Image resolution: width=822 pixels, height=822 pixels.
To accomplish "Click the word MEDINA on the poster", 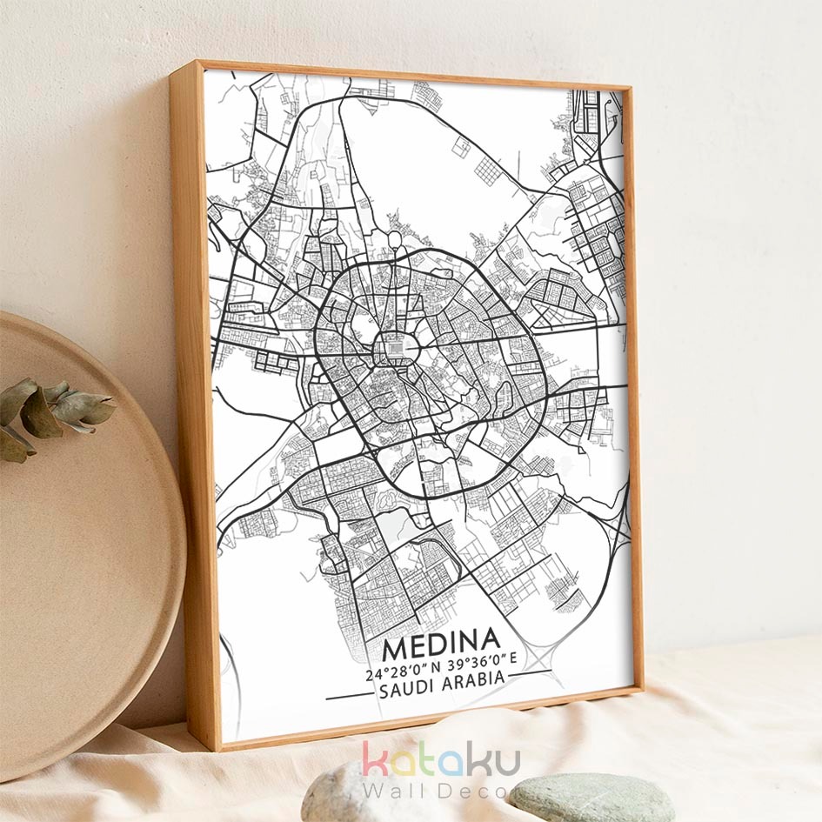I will pyautogui.click(x=440, y=649).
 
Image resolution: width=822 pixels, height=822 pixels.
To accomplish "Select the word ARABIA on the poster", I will pyautogui.click(x=476, y=679).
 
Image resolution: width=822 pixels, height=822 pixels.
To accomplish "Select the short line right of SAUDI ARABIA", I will pyautogui.click(x=525, y=673).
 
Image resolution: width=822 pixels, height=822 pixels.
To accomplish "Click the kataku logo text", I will pyautogui.click(x=441, y=759).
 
